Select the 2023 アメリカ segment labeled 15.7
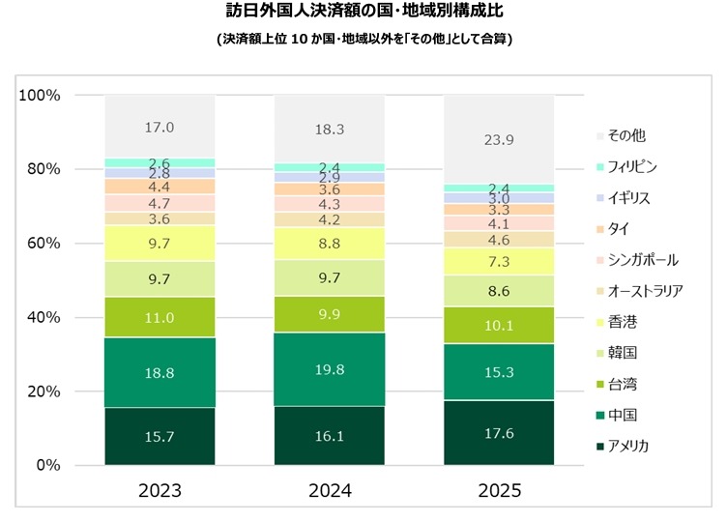click(x=160, y=437)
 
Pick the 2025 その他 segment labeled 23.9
click(x=499, y=139)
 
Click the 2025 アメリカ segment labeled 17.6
click(x=499, y=433)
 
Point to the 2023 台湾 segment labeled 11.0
click(x=160, y=317)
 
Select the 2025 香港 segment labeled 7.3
click(x=499, y=262)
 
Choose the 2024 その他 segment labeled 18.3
click(x=330, y=129)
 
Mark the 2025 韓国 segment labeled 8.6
click(x=499, y=291)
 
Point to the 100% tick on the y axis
click(x=41, y=96)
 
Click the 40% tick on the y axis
click(x=44, y=318)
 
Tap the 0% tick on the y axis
click(x=48, y=466)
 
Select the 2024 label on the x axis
click(x=330, y=491)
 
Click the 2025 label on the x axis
click(x=499, y=491)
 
